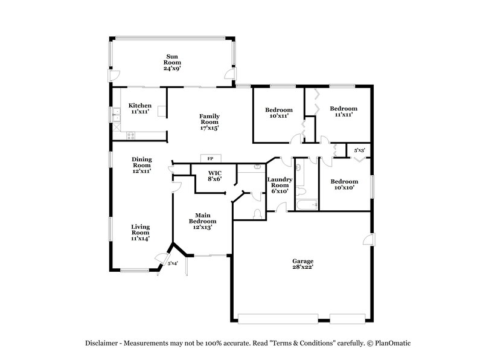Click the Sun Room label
[x=173, y=62]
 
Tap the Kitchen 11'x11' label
[x=139, y=108]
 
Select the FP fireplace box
[x=210, y=158]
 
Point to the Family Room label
[x=210, y=121]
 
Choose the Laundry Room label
[x=280, y=185]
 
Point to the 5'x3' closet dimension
[x=359, y=150]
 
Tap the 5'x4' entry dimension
[x=173, y=263]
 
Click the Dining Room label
[x=142, y=165]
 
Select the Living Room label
[x=141, y=232]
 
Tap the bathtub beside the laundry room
[x=307, y=205]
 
